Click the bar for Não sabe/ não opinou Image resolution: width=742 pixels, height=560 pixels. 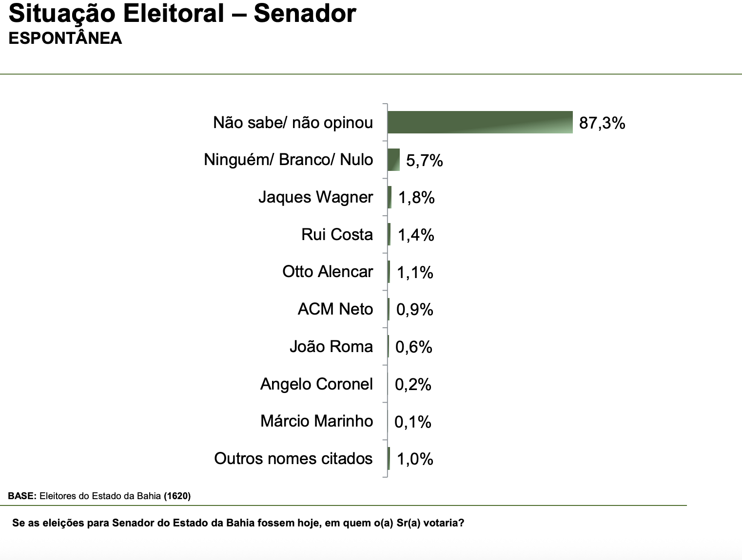480,122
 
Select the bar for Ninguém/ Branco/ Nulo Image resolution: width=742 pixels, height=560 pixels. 393,160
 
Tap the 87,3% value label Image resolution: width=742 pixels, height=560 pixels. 602,123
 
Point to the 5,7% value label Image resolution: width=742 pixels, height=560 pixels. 424,160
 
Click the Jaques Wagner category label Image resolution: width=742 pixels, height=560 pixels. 315,197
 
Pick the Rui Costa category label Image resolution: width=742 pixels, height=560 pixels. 337,235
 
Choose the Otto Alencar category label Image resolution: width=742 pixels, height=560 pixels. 328,272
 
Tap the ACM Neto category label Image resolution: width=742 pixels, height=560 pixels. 335,309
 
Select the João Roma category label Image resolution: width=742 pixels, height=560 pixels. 331,347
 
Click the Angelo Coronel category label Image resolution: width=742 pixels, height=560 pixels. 316,384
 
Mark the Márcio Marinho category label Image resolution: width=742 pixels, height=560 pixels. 316,421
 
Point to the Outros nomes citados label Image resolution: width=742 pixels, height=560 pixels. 293,459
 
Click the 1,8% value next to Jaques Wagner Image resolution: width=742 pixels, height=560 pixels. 416,198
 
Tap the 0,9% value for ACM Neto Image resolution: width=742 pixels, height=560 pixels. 414,310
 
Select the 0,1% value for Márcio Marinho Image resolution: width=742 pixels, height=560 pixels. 412,422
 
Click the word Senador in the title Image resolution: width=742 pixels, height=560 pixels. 305,14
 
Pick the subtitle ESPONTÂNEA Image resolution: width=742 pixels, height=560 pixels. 65,38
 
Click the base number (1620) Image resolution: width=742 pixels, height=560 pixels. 177,496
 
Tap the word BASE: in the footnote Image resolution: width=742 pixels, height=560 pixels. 22,496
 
